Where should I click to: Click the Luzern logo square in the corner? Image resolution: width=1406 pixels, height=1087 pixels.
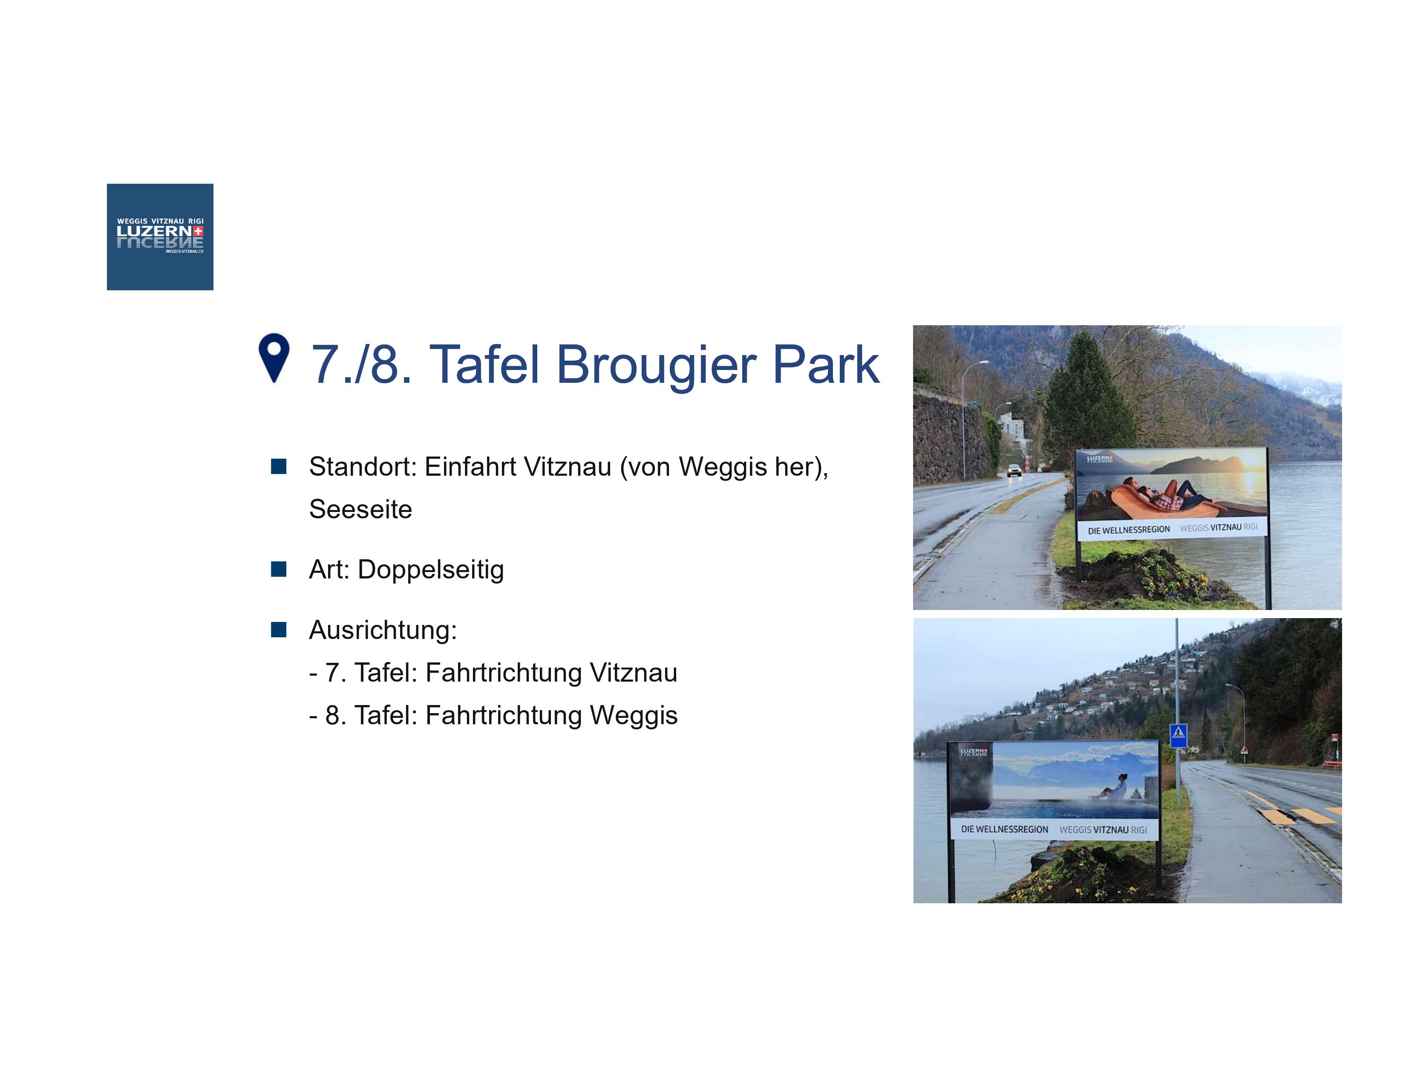(x=160, y=237)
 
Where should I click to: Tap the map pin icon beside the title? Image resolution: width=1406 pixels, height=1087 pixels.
(x=274, y=358)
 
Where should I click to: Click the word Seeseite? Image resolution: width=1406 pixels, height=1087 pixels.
(x=360, y=509)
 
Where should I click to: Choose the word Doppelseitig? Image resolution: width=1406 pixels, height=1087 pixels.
(x=431, y=570)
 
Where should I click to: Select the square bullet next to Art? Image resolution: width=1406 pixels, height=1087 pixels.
(x=279, y=569)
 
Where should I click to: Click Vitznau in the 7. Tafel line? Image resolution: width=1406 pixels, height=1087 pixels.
(x=634, y=673)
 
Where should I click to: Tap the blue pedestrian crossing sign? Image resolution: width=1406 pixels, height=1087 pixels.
(x=1178, y=735)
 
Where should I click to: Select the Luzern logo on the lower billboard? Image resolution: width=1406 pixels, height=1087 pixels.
(x=974, y=752)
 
